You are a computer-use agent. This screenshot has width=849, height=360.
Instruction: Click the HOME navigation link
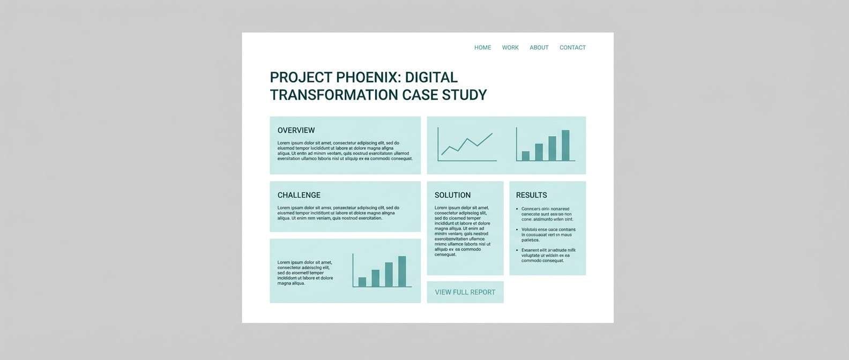point(482,48)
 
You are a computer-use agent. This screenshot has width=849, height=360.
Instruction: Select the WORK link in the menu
point(510,48)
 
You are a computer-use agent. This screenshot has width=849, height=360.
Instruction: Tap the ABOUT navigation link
point(539,48)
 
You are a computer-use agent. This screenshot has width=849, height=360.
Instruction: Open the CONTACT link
point(572,48)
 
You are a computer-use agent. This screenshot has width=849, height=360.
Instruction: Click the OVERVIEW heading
point(296,130)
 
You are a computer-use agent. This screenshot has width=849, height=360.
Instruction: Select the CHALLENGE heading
point(299,195)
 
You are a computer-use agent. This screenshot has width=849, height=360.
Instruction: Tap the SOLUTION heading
point(452,195)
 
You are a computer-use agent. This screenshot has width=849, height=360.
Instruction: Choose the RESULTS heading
point(531,195)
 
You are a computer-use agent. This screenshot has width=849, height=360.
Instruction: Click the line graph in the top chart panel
point(467,145)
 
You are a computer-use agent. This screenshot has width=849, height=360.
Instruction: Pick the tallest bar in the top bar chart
point(565,145)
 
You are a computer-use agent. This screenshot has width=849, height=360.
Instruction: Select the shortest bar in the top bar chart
point(526,156)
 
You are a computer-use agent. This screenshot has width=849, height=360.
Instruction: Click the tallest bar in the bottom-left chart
point(402,271)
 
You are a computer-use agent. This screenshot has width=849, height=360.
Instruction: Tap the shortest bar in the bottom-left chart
point(362,282)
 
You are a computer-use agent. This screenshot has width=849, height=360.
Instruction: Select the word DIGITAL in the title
point(431,78)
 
